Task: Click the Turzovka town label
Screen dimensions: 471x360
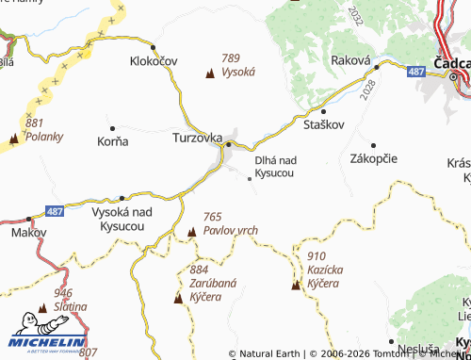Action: pos(197,138)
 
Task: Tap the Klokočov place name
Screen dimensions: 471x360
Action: pos(154,61)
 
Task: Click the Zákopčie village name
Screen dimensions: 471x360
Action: pos(374,159)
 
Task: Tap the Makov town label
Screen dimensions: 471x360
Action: pos(27,231)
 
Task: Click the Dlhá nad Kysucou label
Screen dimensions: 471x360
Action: pos(275,168)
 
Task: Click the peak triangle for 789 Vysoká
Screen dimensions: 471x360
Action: pos(209,71)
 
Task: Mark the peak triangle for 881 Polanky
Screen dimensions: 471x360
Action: pos(13,139)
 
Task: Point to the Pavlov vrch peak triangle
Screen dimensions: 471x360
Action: pos(191,232)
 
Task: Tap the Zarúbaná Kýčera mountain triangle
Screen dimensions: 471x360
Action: pos(178,298)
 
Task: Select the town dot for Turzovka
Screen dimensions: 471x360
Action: pos(229,144)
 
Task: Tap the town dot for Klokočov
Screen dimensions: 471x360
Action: pos(154,45)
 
